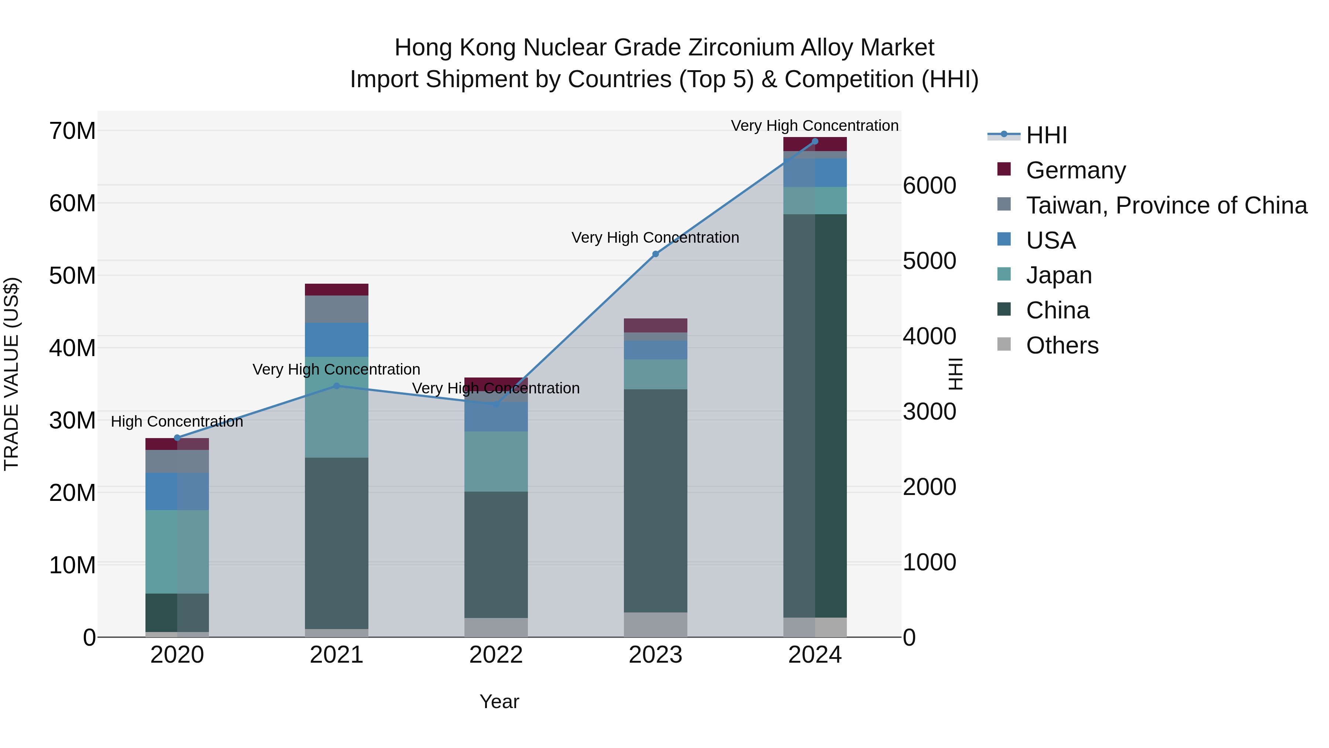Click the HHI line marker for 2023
pyautogui.click(x=655, y=254)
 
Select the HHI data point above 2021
pyautogui.click(x=336, y=386)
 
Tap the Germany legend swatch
pyautogui.click(x=1004, y=169)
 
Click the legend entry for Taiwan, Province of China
pyautogui.click(x=1166, y=205)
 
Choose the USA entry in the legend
pyautogui.click(x=1050, y=240)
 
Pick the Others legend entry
pyautogui.click(x=1062, y=345)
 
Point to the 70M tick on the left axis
pyautogui.click(x=72, y=131)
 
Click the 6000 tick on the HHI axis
pyautogui.click(x=929, y=186)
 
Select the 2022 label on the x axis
pyautogui.click(x=496, y=655)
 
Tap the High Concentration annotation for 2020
pyautogui.click(x=177, y=422)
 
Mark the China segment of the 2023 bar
pyautogui.click(x=655, y=501)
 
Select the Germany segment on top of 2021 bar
pyautogui.click(x=336, y=290)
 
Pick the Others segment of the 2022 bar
pyautogui.click(x=496, y=627)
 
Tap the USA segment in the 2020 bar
pyautogui.click(x=177, y=491)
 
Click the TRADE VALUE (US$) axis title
pyautogui.click(x=11, y=374)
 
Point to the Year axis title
pyautogui.click(x=499, y=701)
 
